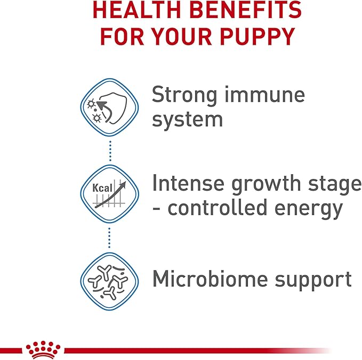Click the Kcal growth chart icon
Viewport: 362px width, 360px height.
point(109,192)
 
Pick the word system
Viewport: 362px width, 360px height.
point(187,120)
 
